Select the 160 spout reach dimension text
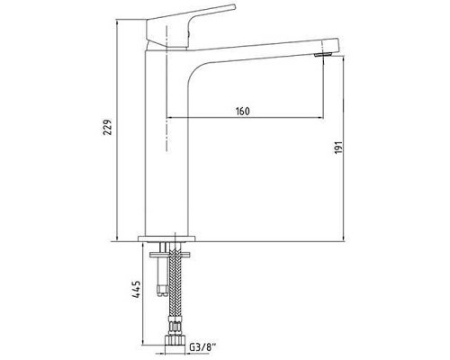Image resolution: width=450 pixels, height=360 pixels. (x=241, y=111)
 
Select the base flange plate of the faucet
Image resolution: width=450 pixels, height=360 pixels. (x=167, y=239)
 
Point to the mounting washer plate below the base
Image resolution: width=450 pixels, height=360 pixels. (x=167, y=247)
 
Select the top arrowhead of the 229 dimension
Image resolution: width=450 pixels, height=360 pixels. (x=120, y=19)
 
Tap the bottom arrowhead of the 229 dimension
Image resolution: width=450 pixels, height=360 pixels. (x=120, y=239)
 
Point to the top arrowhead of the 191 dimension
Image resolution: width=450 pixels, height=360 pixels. (x=346, y=59)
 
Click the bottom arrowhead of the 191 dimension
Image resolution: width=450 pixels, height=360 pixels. (x=346, y=239)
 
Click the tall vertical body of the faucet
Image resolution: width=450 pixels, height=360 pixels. (x=167, y=144)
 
